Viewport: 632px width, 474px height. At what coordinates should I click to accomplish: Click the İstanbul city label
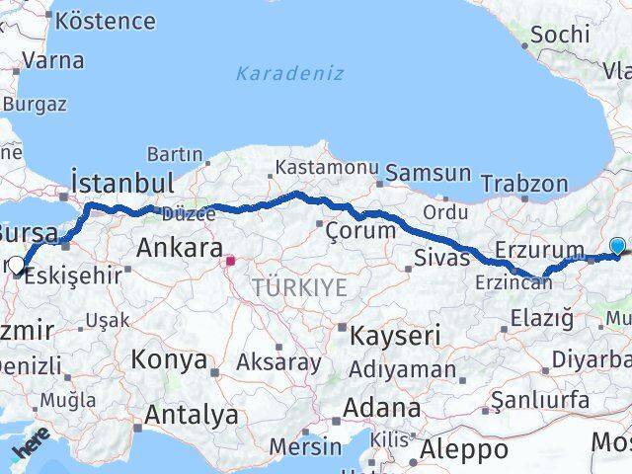point(122,184)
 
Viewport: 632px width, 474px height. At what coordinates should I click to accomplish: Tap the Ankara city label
point(179,247)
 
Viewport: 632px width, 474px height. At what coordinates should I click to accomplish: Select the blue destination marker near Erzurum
point(618,247)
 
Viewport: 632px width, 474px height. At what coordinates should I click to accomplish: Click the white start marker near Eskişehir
point(16,265)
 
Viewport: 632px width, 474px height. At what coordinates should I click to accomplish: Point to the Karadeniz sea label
point(289,73)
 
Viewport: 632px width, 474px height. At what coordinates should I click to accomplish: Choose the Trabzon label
point(524,183)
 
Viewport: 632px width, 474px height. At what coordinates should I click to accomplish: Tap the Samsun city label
point(428,173)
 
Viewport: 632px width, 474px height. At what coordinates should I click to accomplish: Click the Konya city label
point(169,358)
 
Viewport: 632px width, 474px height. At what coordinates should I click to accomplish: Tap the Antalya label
point(191,415)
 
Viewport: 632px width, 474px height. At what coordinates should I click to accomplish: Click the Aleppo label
point(464,450)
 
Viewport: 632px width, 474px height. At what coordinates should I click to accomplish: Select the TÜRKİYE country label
point(299,287)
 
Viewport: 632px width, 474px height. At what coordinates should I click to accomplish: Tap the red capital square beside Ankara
point(230,262)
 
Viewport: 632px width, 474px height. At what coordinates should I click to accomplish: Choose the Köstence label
point(107,21)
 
